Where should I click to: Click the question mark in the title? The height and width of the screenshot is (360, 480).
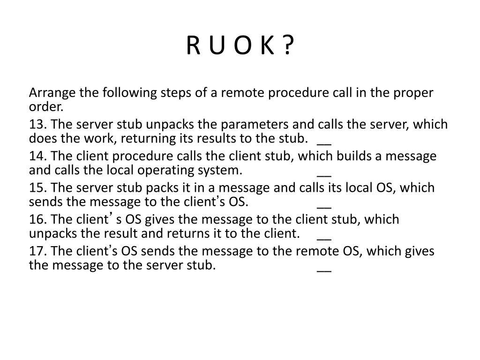point(289,46)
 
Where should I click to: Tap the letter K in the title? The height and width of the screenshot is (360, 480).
point(267,46)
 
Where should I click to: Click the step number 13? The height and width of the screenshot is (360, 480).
point(37,125)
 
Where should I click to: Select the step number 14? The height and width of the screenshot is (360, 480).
point(37,156)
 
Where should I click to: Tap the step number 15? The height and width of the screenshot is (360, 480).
point(37,188)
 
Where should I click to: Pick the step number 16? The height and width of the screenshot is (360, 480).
point(37,219)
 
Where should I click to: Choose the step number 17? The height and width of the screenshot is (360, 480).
point(37,251)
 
